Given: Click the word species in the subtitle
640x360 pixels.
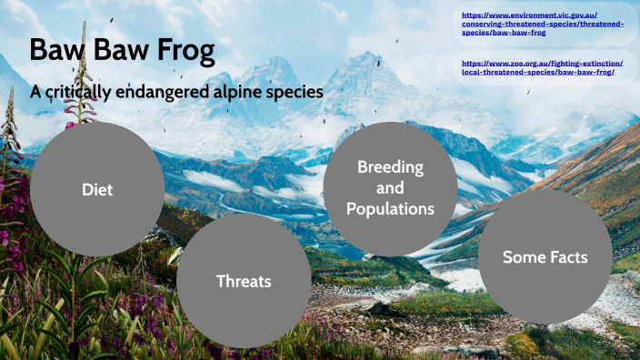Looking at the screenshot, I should point(295,93).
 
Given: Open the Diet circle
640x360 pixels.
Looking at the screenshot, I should point(97,189).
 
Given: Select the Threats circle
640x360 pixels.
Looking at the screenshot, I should point(244,281).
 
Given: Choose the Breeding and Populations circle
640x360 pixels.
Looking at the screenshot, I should point(390,188).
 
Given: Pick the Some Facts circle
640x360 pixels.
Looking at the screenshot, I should point(545,257).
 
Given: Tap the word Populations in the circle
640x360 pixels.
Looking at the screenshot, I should point(390,209).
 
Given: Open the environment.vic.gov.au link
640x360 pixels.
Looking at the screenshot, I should point(543,25).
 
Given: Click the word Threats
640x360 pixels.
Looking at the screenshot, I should point(244,281).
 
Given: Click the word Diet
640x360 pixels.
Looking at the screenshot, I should point(97,189).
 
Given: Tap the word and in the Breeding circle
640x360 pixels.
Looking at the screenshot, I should point(390,188).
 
